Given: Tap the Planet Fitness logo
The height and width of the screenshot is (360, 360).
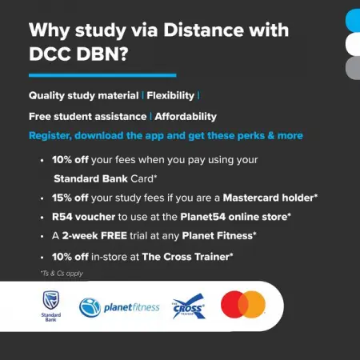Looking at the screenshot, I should (119, 306).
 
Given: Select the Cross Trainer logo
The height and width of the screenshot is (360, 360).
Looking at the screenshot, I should (189, 306).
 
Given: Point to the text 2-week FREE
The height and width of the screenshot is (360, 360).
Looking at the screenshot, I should (102, 236).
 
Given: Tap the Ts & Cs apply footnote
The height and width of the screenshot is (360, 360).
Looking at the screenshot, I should (62, 273).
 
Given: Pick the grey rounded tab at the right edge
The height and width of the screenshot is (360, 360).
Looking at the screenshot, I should (352, 67).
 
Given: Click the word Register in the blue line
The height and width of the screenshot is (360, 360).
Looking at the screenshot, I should (52, 135).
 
